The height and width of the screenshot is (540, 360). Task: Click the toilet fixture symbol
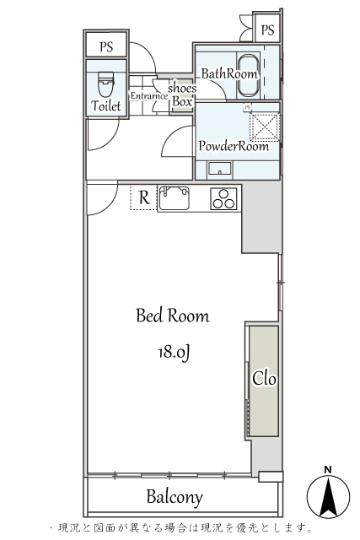click(x=105, y=84)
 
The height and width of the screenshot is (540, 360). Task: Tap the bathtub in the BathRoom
click(x=248, y=76)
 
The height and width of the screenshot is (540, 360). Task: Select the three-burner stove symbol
click(x=223, y=199)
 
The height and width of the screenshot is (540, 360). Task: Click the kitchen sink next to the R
click(x=174, y=198)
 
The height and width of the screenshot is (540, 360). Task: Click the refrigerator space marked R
click(x=144, y=197)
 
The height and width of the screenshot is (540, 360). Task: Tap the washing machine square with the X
click(x=265, y=127)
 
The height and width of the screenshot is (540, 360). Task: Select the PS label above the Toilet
click(x=106, y=46)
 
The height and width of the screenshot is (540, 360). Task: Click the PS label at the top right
click(x=267, y=30)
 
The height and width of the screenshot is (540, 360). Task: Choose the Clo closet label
click(x=265, y=379)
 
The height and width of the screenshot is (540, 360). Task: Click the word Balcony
click(x=175, y=497)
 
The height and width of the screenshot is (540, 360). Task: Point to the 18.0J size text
click(x=174, y=353)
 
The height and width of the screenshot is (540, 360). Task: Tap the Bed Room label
click(x=173, y=316)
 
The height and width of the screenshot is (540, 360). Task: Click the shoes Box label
click(x=182, y=94)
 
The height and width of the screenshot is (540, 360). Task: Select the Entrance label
click(x=148, y=96)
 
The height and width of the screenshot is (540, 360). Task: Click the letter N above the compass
click(x=328, y=469)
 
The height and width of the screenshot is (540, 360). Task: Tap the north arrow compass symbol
click(x=328, y=496)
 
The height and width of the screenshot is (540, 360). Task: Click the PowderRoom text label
click(x=234, y=146)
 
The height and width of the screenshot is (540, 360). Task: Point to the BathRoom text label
click(x=229, y=73)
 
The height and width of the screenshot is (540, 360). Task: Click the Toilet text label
click(x=106, y=105)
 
